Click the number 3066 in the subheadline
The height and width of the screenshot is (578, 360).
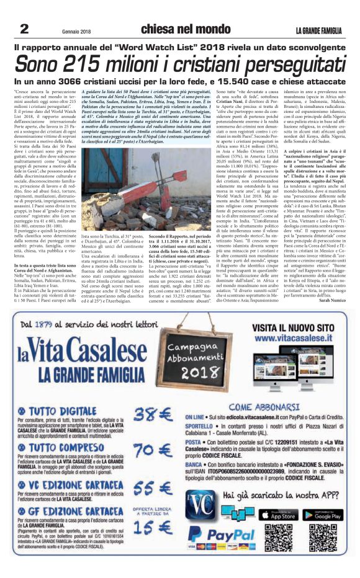81,81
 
